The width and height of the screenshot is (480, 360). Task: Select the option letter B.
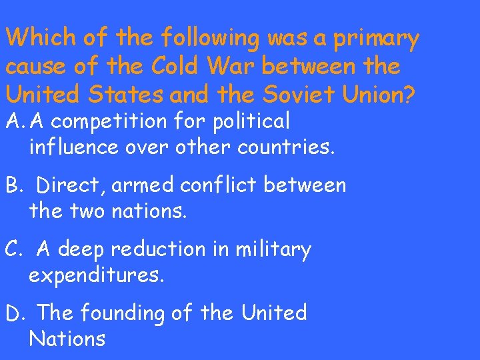pyautogui.click(x=13, y=185)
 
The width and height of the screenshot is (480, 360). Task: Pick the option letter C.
pyautogui.click(x=13, y=249)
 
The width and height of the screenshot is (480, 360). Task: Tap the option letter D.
pyautogui.click(x=14, y=312)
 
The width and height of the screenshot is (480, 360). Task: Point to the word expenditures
pyautogui.click(x=96, y=275)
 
